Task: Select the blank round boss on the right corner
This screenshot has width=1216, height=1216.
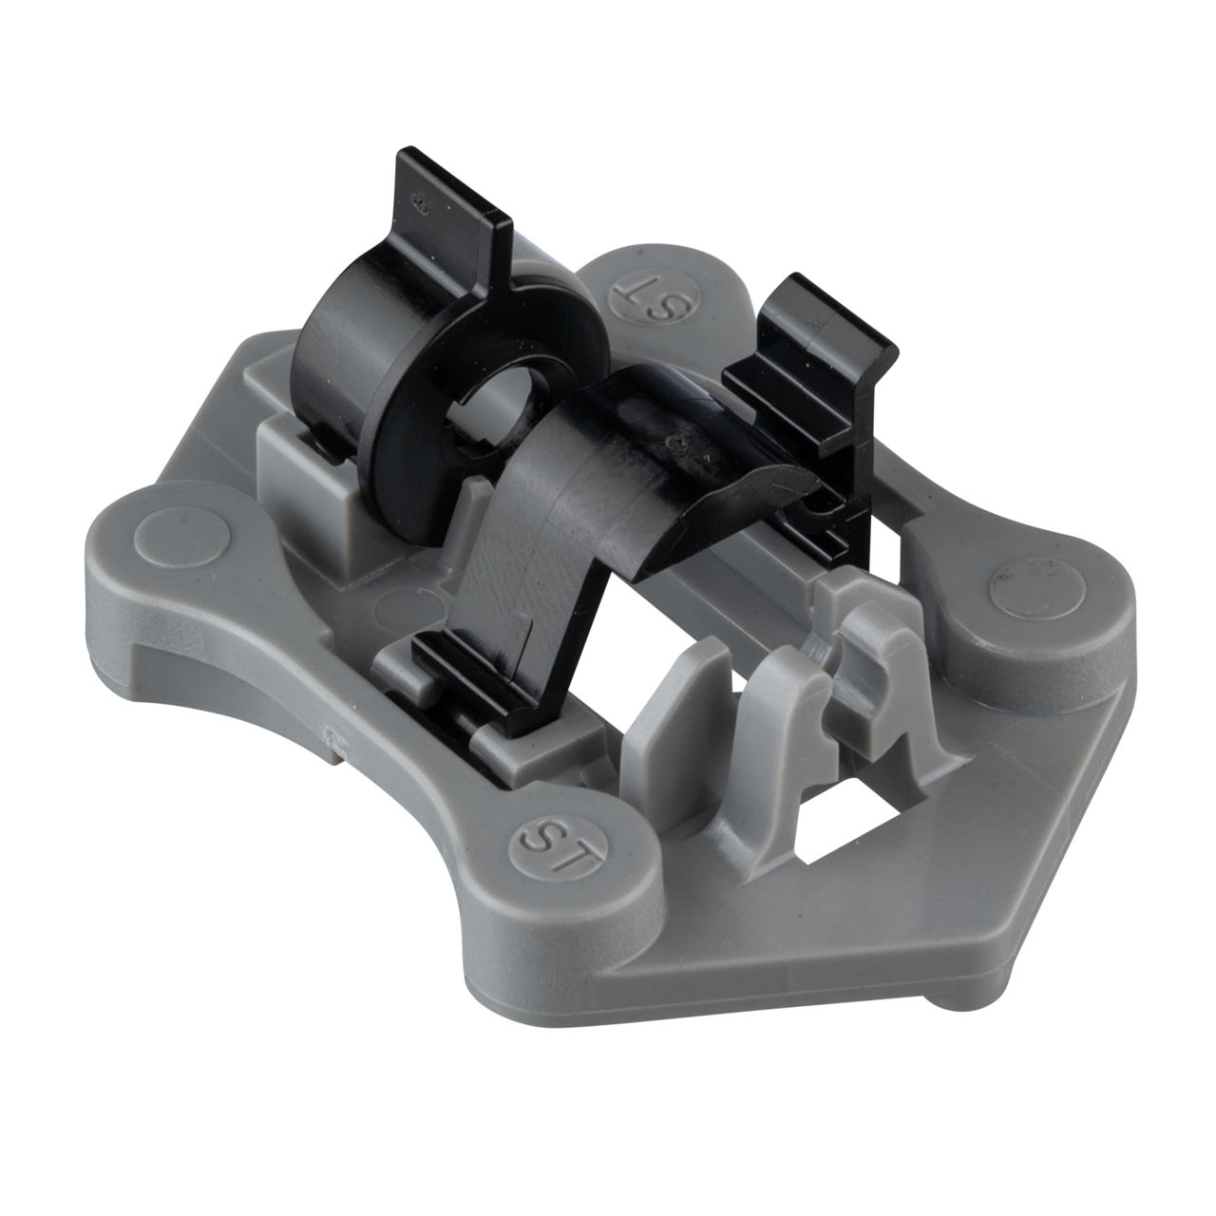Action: coord(1036,589)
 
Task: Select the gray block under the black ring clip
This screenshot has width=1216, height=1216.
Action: coord(309,480)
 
